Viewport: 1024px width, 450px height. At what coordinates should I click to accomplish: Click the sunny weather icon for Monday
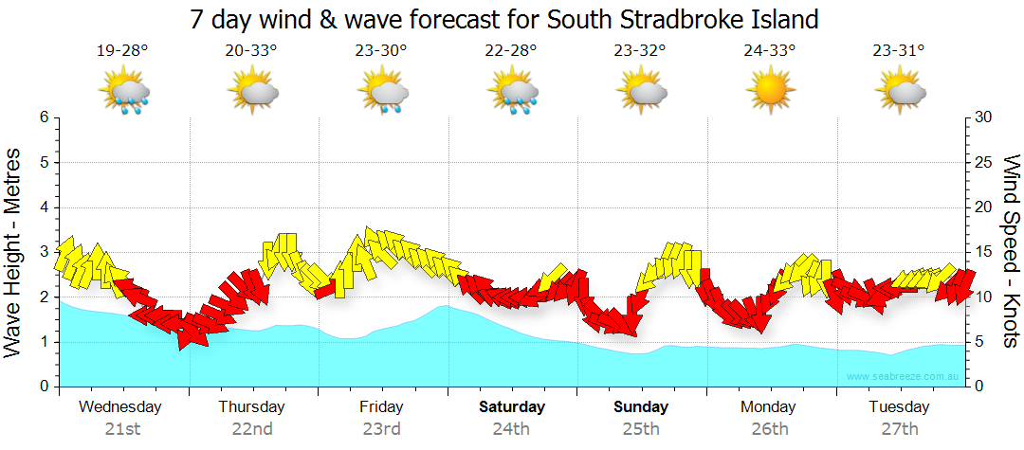coord(769,91)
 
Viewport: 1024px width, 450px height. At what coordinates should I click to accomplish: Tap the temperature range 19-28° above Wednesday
coord(122,50)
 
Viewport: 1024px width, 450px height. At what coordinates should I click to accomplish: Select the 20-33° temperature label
coord(251,50)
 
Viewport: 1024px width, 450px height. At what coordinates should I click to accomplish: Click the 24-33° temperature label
coord(769,50)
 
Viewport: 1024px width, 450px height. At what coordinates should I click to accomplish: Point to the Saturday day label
coord(511,407)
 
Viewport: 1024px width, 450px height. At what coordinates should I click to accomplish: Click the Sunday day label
coord(641,407)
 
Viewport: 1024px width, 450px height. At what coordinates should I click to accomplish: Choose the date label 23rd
coord(381,428)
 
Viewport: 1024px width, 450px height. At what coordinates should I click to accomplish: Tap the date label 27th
coord(899,428)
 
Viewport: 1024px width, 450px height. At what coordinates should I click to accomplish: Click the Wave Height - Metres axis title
coord(14,252)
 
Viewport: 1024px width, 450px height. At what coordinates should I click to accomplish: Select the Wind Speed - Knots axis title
coord(1010,252)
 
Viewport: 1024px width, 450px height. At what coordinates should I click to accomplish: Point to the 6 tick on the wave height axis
coord(43,117)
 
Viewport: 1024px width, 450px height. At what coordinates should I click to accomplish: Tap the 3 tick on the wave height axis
coord(43,252)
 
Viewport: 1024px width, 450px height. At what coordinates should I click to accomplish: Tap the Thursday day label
coord(251,407)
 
